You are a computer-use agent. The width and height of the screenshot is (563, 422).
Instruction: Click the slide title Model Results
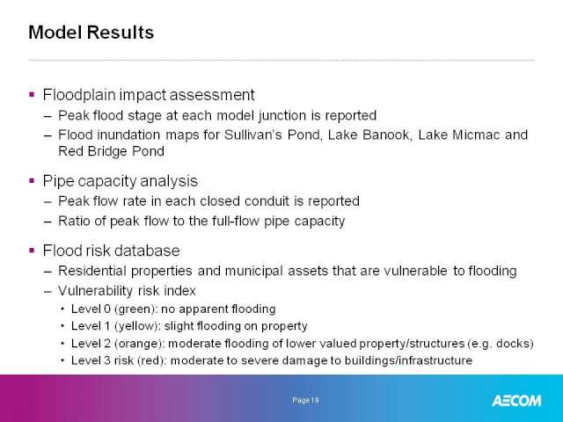91,33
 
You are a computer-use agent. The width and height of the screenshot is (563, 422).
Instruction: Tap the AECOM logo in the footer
516,401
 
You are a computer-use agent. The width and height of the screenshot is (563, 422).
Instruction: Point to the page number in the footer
305,400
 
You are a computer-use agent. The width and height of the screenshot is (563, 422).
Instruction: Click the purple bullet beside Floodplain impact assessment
32,95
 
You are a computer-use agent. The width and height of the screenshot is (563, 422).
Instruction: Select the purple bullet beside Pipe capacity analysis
32,180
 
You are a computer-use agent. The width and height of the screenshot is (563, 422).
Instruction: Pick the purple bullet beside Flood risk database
32,250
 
